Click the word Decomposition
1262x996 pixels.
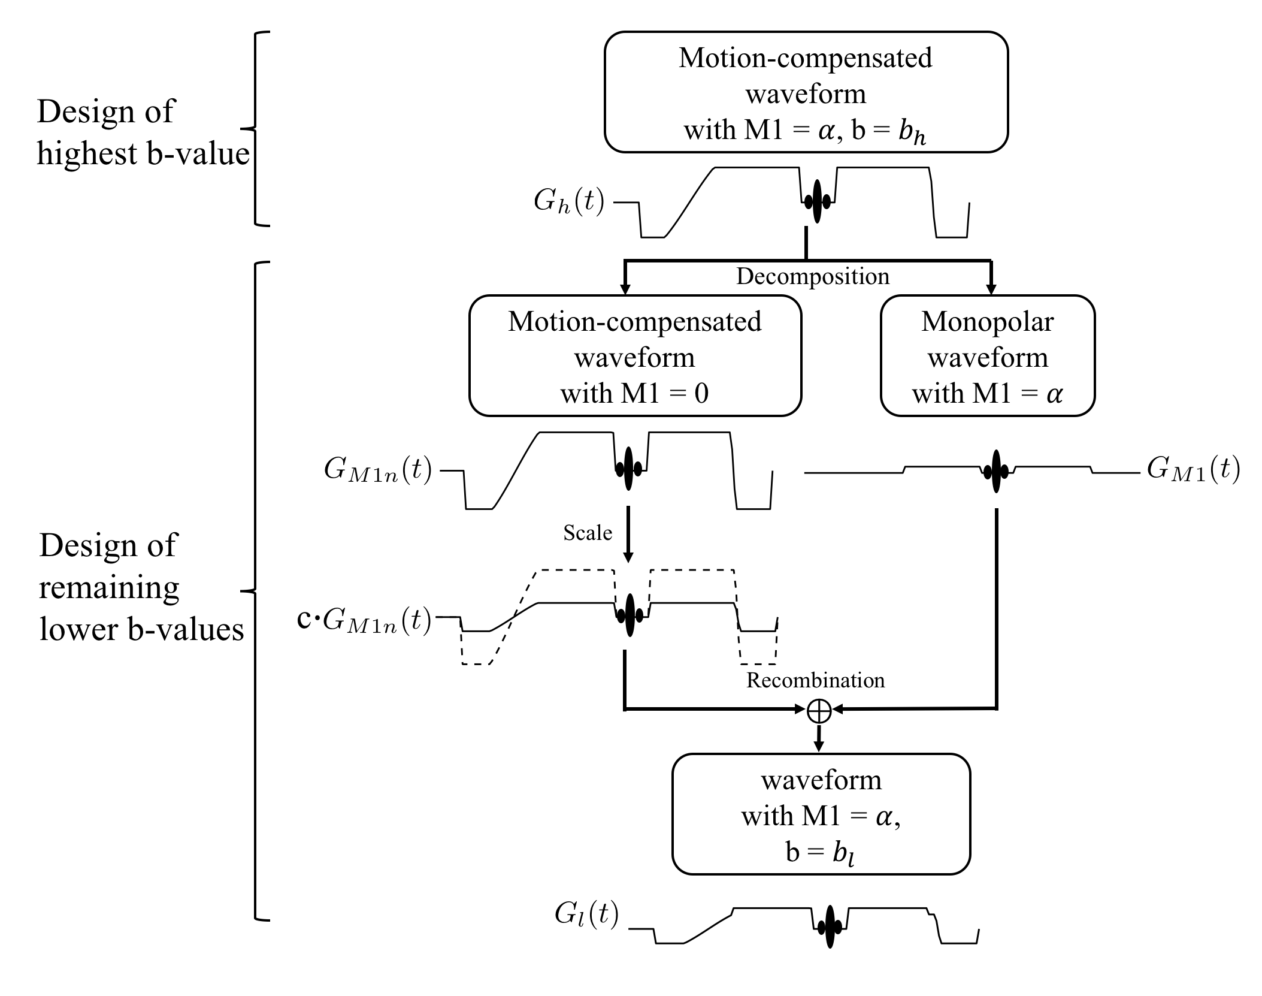tap(812, 276)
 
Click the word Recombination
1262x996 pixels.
tap(815, 680)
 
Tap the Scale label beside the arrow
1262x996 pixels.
tap(588, 533)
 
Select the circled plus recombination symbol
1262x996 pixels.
tap(819, 711)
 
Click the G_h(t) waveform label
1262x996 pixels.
tap(568, 202)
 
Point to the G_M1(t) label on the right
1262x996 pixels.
tap(1193, 469)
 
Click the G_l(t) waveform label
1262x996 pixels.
tap(586, 914)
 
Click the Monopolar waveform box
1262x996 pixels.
tap(987, 356)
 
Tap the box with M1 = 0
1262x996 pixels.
tap(634, 356)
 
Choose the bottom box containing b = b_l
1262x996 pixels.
tap(821, 814)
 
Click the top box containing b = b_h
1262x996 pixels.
tap(806, 92)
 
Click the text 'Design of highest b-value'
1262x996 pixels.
tap(143, 132)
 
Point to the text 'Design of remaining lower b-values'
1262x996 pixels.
tap(141, 587)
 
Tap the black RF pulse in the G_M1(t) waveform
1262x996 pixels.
tap(996, 471)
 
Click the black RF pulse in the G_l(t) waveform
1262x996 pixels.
tap(830, 926)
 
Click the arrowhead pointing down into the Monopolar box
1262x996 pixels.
tap(991, 290)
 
